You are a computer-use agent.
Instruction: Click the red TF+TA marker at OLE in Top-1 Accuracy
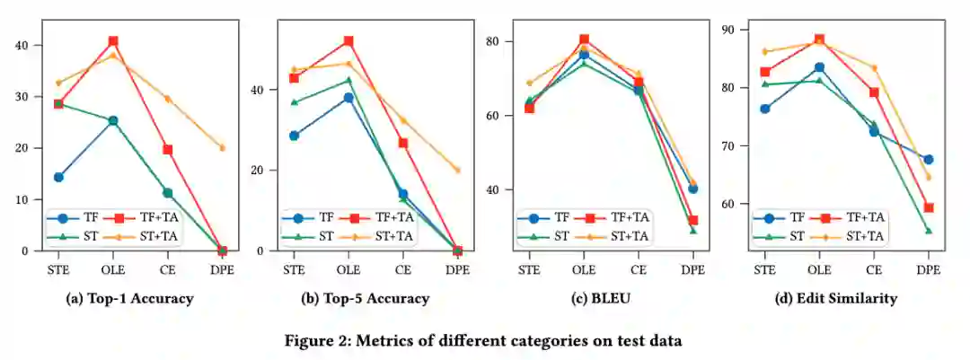[x=113, y=41]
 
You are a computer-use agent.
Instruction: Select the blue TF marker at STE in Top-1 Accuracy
[x=58, y=177]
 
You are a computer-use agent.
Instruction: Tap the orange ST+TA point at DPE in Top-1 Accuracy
[x=222, y=148]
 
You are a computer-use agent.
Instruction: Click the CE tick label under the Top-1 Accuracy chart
[x=167, y=268]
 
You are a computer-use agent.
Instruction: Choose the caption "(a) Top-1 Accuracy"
[x=130, y=299]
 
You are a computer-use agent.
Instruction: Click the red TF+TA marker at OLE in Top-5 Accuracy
[x=348, y=41]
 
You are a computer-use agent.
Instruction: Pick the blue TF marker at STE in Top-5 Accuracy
[x=294, y=136]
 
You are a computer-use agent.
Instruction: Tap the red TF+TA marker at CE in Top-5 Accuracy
[x=403, y=143]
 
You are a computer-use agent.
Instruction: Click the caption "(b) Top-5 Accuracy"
[x=366, y=299]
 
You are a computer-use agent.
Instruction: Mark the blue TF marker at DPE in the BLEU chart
[x=692, y=189]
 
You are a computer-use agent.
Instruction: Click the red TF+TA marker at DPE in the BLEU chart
[x=692, y=220]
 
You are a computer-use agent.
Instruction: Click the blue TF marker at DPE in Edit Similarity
[x=928, y=159]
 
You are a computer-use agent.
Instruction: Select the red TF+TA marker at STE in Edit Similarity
[x=764, y=72]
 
